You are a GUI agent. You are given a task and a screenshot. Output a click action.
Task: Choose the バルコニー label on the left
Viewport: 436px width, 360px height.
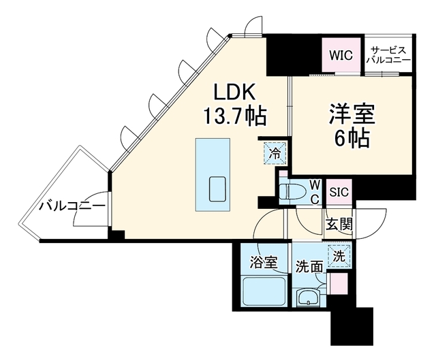point(71,205)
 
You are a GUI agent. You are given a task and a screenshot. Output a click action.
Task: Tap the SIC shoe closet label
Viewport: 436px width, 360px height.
point(339,192)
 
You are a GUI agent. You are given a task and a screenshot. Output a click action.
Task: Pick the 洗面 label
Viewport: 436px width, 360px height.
point(309,266)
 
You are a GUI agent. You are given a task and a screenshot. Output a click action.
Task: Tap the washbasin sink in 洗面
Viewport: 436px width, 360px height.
point(310,297)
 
